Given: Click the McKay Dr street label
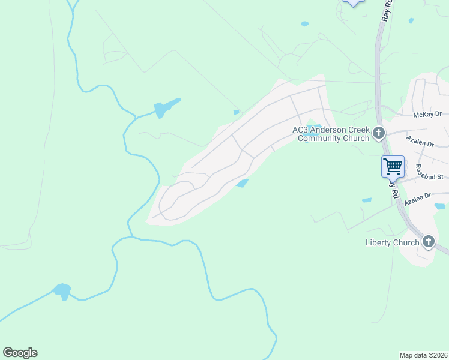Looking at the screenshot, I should (x=427, y=114).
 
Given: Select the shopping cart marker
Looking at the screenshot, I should (x=393, y=166).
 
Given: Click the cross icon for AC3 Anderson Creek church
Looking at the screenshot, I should (x=379, y=133).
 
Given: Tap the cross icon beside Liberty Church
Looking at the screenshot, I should (x=428, y=242).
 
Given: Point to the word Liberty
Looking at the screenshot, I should (x=380, y=242).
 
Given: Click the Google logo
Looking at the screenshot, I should (x=20, y=352).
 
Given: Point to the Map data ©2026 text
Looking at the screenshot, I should (x=423, y=355).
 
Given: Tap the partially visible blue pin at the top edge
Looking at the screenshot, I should (x=352, y=2).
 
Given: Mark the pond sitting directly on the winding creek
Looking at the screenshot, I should (x=62, y=291).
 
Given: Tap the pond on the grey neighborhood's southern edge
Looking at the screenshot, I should (x=242, y=184).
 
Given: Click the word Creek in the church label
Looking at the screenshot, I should (x=357, y=130).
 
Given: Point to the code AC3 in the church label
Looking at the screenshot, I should (x=300, y=130).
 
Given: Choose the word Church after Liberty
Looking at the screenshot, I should (x=406, y=242).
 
